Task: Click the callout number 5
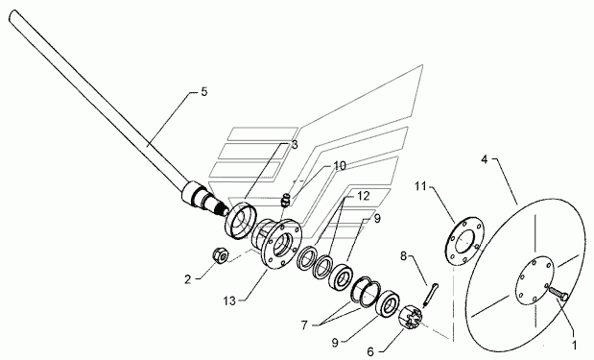(x=204, y=92)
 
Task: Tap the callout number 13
(x=229, y=301)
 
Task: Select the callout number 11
(x=420, y=186)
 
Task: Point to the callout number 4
(x=485, y=159)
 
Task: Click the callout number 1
(x=574, y=345)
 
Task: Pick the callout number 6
(x=370, y=352)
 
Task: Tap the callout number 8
(x=403, y=256)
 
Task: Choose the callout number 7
(x=304, y=325)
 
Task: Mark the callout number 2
(x=188, y=279)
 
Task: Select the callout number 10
(x=340, y=166)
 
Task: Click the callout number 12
(x=363, y=196)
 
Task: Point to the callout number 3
(x=295, y=145)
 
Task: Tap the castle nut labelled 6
(x=411, y=318)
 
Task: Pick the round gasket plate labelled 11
(x=463, y=240)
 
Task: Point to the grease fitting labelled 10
(x=286, y=200)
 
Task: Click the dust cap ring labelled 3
(x=239, y=221)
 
